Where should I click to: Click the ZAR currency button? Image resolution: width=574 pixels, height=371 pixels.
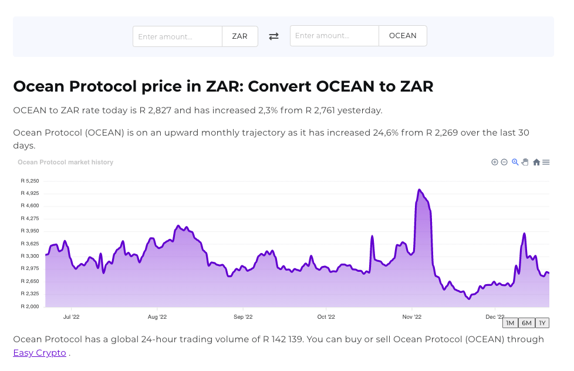[239, 36]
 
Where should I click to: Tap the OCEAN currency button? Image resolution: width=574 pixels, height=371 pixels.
[403, 36]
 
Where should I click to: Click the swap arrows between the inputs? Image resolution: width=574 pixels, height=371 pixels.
[274, 36]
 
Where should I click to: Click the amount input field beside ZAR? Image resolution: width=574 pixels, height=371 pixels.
[177, 36]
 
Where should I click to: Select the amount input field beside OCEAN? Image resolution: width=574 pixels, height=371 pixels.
[334, 36]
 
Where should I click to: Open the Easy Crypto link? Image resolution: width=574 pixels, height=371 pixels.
[39, 353]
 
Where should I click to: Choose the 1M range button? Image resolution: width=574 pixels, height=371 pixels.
[509, 323]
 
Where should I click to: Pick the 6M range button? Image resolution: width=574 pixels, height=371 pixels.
[526, 323]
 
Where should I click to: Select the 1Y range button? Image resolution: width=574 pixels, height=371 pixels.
[543, 323]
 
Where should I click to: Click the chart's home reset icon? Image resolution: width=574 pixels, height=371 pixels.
[536, 162]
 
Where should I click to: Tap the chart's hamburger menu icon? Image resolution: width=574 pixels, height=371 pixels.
[546, 162]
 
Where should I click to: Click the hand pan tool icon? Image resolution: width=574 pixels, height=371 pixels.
[525, 162]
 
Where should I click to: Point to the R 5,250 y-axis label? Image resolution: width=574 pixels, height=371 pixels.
[29, 181]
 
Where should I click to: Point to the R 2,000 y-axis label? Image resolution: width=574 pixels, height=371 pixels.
[29, 306]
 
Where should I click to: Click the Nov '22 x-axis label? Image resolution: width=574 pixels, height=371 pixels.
[412, 317]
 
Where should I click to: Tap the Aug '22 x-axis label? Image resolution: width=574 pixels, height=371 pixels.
[157, 317]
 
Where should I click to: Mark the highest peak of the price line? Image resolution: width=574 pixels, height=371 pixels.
[419, 190]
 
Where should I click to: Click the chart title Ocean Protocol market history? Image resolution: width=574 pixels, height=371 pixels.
[65, 162]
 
